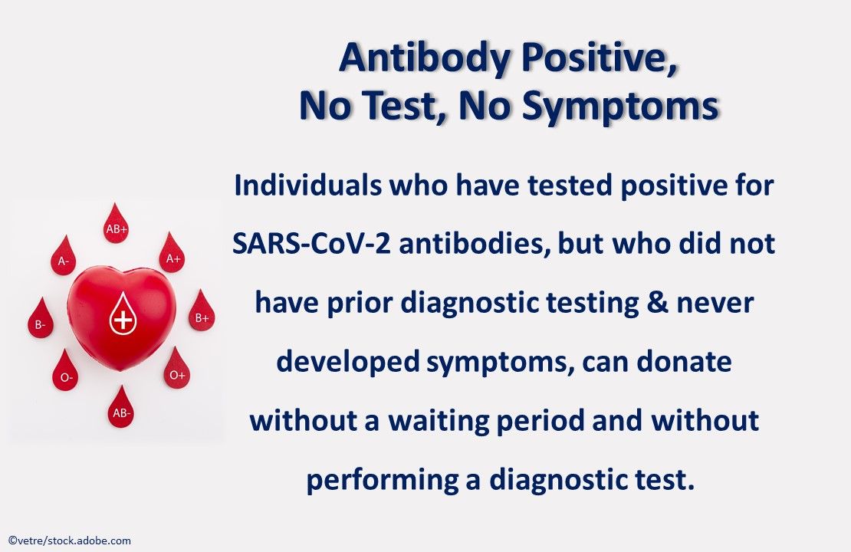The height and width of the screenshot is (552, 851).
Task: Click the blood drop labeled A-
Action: (64, 258)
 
